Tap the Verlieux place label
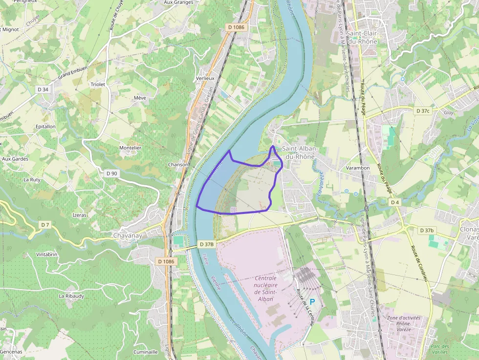tap(205, 78)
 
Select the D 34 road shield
tap(43, 89)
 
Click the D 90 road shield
tap(111, 173)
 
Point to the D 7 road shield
tap(45, 225)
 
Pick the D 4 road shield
tap(395, 202)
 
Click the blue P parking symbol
tap(312, 302)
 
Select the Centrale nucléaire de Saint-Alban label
tap(266, 288)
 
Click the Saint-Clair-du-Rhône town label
tap(362, 37)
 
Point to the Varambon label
tap(358, 168)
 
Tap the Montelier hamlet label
tap(130, 148)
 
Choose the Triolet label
tap(98, 85)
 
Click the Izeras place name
tap(79, 215)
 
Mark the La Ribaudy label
tap(71, 296)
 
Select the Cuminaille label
tap(146, 352)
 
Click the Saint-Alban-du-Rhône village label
tap(300, 152)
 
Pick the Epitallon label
tap(45, 127)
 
